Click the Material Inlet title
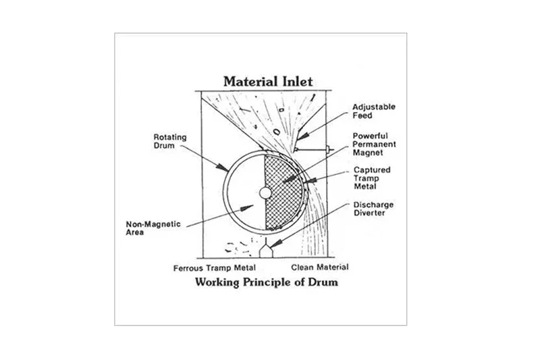coord(268,82)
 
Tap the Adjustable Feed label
coord(374,111)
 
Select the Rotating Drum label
coord(170,141)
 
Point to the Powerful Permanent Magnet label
coord(374,144)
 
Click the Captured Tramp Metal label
coord(372,178)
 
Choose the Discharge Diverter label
coord(373,209)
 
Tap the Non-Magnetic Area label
coord(153,228)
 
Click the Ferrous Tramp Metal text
coord(215,268)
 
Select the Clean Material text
coord(320,267)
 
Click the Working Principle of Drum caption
coord(267,282)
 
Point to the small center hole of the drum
coord(265,193)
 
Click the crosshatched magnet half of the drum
coord(283,192)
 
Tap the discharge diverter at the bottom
coord(266,251)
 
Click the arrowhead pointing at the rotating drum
coord(222,167)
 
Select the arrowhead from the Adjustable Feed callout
coord(302,136)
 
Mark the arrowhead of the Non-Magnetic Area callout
coord(246,208)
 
